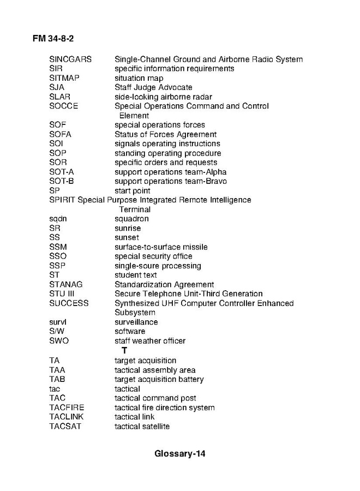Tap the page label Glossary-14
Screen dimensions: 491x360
coord(179,453)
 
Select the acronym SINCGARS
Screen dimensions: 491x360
coord(70,59)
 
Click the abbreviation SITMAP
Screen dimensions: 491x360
coord(64,78)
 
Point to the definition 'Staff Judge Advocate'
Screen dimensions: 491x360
coord(153,87)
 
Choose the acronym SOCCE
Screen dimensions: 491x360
coord(64,106)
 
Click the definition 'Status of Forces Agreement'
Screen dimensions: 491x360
coord(165,134)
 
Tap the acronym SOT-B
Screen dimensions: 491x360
coord(62,181)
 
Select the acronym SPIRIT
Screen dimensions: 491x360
coord(62,200)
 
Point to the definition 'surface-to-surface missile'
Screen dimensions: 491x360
coord(161,247)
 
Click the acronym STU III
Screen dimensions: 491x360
coord(62,294)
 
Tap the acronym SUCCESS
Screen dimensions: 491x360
coord(69,303)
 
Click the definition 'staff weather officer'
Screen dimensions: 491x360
coord(150,341)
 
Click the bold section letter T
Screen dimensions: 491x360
coord(124,350)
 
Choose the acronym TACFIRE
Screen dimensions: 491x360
coord(67,408)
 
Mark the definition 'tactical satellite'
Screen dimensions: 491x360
coord(142,426)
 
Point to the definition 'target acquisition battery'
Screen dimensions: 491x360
coord(159,379)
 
